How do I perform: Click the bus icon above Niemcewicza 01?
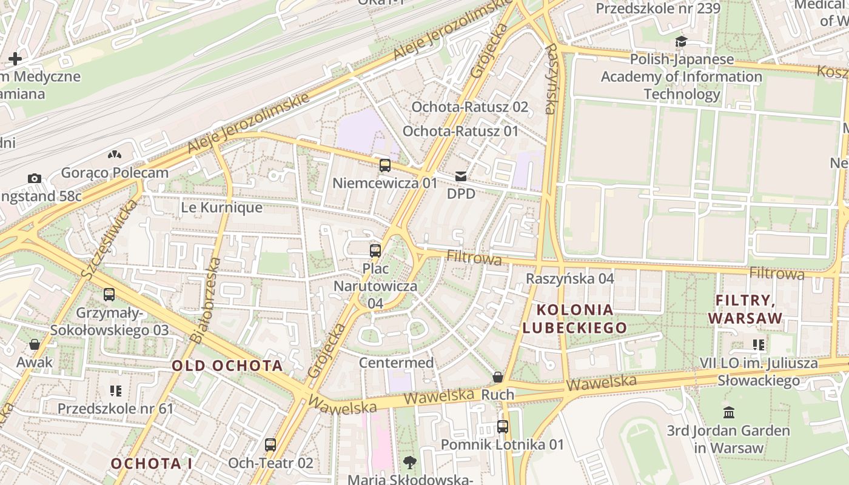point(384,166)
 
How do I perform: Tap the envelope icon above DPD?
point(461,176)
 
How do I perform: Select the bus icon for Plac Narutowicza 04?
point(375,250)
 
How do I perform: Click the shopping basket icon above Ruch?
point(498,377)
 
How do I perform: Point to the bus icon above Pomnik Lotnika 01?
point(502,426)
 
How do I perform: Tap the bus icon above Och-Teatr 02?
point(270,445)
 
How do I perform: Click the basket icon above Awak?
point(35,344)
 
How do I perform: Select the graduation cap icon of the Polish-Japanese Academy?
point(682,42)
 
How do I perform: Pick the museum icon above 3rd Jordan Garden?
point(729,413)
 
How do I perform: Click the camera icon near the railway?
point(35,178)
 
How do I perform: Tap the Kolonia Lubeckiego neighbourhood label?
point(575,319)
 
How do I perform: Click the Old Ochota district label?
point(227,366)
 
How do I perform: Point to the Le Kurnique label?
point(222,207)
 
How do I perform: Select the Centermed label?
point(396,363)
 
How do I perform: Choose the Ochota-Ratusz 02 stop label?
point(470,107)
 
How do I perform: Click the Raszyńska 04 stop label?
point(570,278)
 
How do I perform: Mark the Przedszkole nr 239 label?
point(658,8)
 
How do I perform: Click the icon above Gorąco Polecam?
point(114,155)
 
